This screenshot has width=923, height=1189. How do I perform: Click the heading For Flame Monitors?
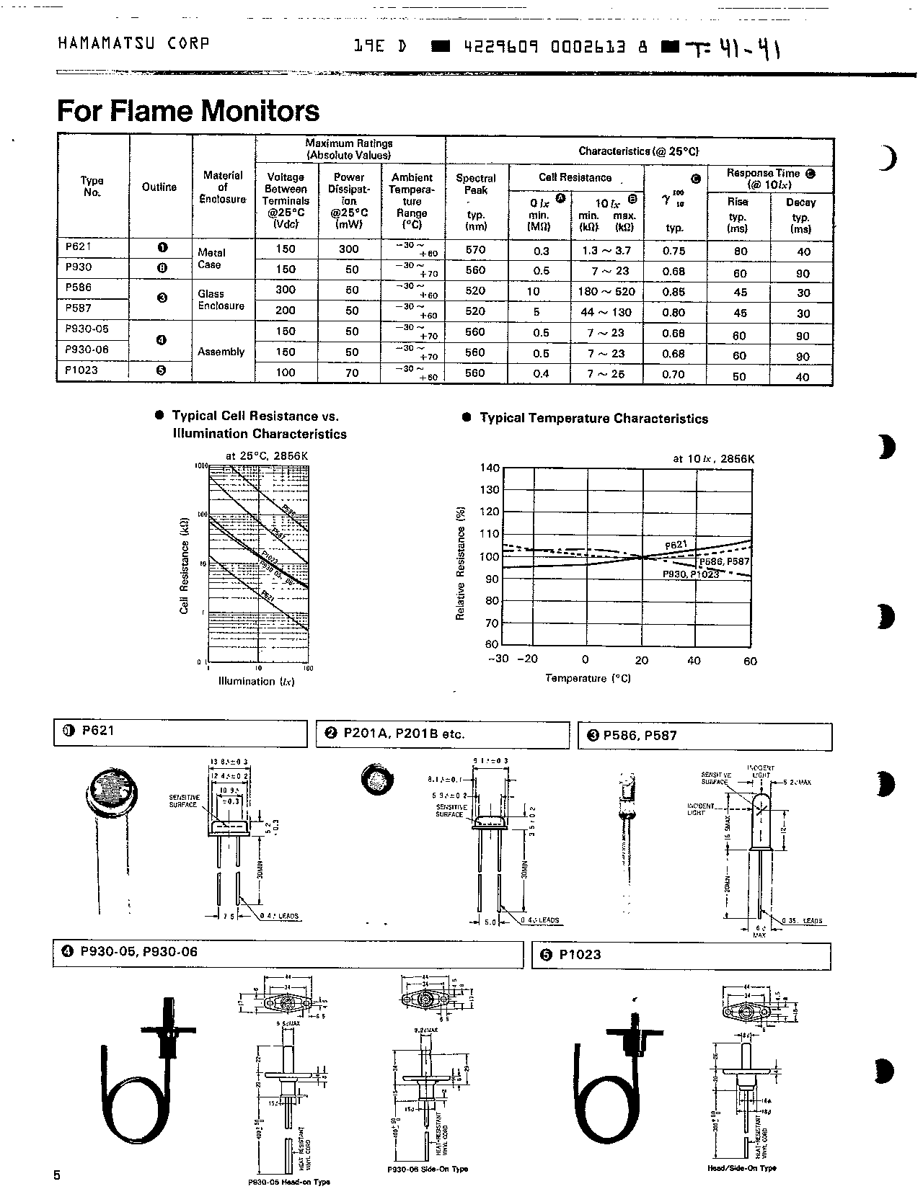click(187, 111)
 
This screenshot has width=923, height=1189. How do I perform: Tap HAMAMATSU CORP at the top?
click(133, 43)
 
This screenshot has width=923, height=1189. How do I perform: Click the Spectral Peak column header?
click(476, 184)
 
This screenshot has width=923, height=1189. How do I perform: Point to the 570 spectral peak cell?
click(476, 250)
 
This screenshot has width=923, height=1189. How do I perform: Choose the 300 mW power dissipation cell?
click(348, 249)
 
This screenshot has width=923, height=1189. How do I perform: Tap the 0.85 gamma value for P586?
click(674, 292)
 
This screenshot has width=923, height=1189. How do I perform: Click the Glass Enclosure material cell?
click(221, 300)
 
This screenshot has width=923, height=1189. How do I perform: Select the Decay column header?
click(800, 202)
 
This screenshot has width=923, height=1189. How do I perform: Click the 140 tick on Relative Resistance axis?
click(490, 468)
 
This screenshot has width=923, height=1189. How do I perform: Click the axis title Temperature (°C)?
click(588, 678)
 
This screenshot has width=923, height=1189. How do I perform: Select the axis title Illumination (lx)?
click(256, 681)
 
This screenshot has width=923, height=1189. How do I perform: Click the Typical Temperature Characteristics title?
click(593, 419)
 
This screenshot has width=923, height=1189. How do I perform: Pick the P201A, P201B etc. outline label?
click(404, 734)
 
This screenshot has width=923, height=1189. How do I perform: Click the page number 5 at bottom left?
click(57, 1175)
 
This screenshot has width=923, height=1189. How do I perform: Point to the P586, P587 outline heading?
click(639, 736)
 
